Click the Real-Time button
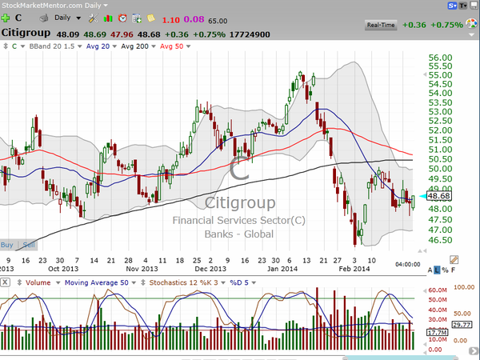coord(381,26)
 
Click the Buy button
coord(7,244)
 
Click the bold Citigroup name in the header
coord(34,34)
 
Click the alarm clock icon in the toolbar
coord(122,18)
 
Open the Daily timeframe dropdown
coord(66,18)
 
